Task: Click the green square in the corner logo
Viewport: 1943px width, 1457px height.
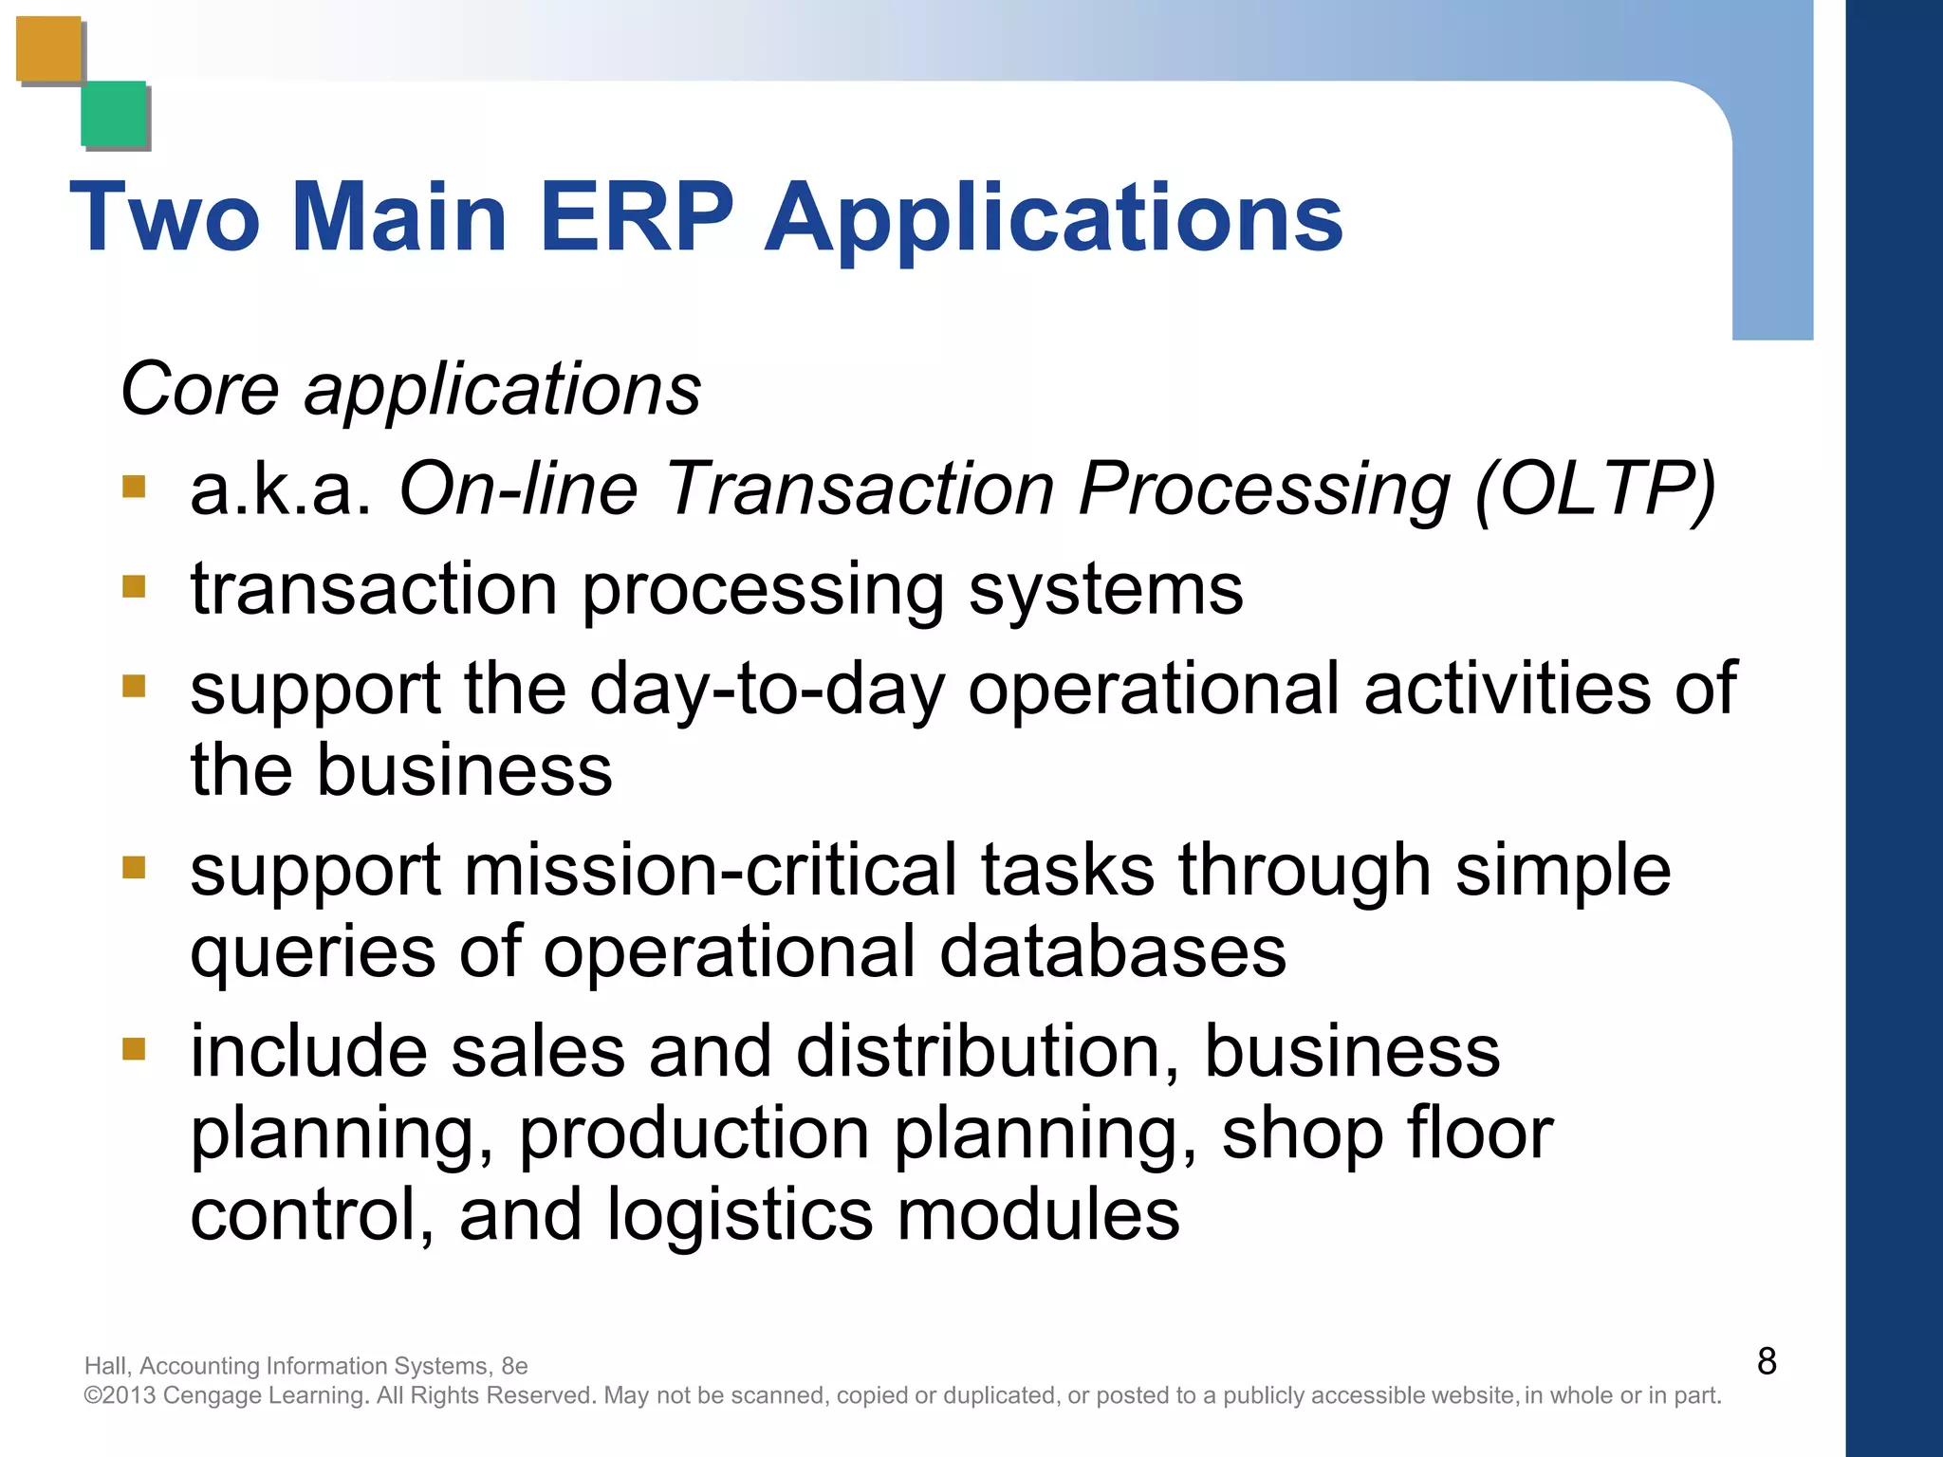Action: [114, 114]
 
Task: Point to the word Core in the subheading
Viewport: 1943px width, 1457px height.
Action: [200, 389]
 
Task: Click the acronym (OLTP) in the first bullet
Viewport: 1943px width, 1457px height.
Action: [1595, 489]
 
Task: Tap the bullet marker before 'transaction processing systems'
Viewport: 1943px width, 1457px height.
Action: [134, 587]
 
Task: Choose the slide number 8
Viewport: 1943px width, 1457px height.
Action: [1766, 1361]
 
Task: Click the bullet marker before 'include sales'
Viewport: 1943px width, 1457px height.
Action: [134, 1049]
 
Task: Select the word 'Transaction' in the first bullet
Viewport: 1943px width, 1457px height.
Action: [860, 489]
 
